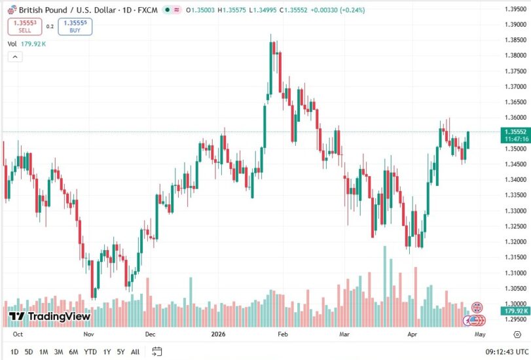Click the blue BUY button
[x=75, y=27]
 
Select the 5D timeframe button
[x=29, y=351]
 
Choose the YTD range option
[x=90, y=351]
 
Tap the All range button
[x=135, y=351]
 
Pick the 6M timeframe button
[x=73, y=351]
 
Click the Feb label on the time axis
[x=282, y=333]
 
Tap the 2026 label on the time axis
[x=218, y=333]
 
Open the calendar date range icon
[x=156, y=351]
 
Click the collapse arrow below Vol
[x=14, y=57]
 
